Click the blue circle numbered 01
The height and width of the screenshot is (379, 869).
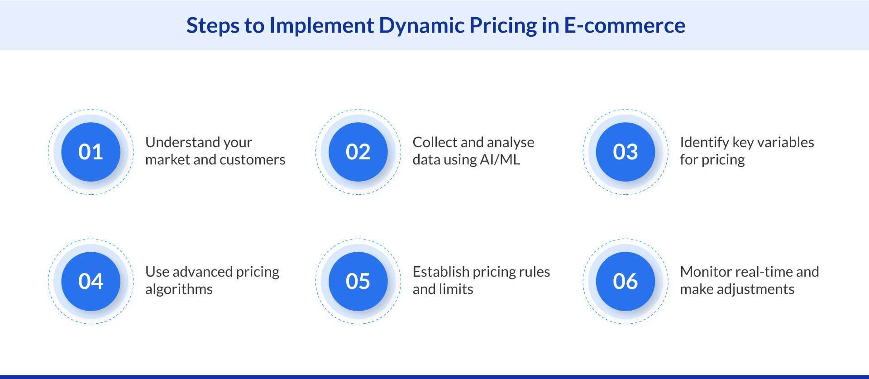[x=91, y=152]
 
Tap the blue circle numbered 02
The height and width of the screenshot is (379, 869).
[x=358, y=152]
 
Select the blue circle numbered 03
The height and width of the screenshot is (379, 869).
[x=625, y=152]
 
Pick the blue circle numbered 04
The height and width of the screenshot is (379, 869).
[x=91, y=281]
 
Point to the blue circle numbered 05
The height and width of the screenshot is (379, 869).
[x=358, y=281]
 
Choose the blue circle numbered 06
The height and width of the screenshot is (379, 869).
[x=625, y=281]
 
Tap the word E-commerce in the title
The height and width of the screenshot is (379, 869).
[x=624, y=25]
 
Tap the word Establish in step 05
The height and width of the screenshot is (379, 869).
[x=440, y=272]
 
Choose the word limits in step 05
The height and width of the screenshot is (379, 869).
[x=456, y=289]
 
